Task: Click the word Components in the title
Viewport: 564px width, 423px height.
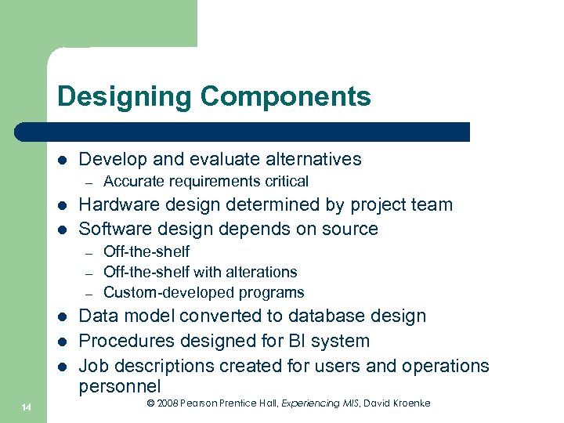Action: [x=285, y=96]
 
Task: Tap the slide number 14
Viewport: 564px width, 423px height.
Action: [x=27, y=404]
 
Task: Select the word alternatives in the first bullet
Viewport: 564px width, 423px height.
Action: [x=312, y=159]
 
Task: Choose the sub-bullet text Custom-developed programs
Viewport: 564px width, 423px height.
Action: [x=204, y=293]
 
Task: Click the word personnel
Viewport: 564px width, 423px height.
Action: [x=120, y=386]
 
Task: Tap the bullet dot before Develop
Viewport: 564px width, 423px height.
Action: [x=61, y=160]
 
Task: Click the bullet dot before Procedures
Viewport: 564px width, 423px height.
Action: [x=61, y=342]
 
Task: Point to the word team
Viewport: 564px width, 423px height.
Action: [x=434, y=204]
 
